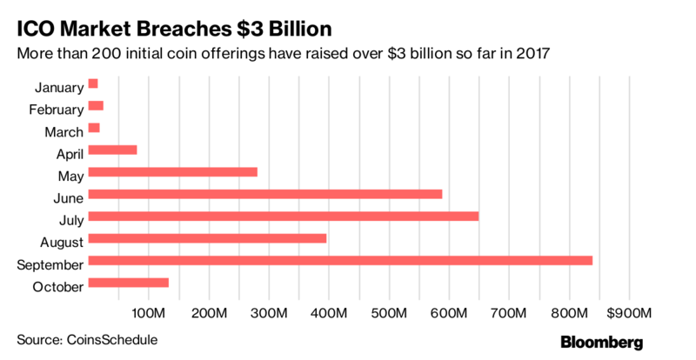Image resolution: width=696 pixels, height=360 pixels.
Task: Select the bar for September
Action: point(340,260)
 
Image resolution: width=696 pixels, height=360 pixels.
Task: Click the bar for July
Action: point(284,216)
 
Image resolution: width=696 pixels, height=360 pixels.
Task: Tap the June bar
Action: point(265,193)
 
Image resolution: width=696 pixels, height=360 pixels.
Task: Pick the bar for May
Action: point(173,171)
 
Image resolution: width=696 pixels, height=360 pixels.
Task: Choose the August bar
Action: point(208,238)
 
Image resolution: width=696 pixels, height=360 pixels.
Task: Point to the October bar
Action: point(129,283)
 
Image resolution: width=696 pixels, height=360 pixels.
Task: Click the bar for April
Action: point(113,150)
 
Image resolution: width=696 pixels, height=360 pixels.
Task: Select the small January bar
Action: point(93,83)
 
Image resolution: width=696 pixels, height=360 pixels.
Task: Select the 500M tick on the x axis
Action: point(388,313)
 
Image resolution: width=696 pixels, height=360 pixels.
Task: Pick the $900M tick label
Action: point(626,313)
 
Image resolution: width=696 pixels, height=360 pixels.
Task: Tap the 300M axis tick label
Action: point(268,313)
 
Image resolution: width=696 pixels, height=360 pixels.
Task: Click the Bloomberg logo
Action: point(601,341)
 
